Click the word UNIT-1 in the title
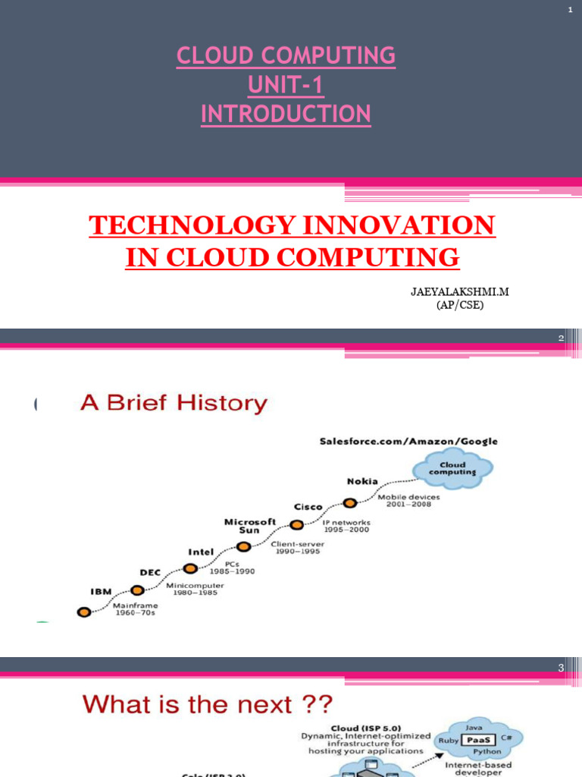pos(286,85)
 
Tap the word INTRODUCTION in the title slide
pos(286,114)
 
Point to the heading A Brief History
pos(174,403)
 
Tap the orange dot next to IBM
pos(83,610)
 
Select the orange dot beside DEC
pos(137,590)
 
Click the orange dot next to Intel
pos(191,568)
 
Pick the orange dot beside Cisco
pos(297,524)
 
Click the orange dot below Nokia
pos(349,502)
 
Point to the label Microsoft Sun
pos(250,526)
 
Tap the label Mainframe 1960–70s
pos(134,610)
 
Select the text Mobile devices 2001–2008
pos(409,501)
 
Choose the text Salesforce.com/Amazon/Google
pos(409,441)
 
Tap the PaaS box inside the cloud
pos(474,737)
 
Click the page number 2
pos(562,338)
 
